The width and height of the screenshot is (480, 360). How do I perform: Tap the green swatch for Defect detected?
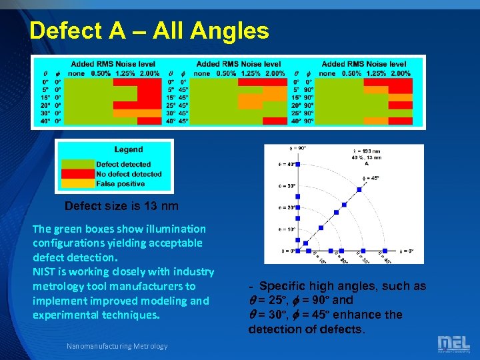(77, 164)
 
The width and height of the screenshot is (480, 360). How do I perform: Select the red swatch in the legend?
(77, 173)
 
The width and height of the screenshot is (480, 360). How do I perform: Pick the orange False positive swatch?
(77, 183)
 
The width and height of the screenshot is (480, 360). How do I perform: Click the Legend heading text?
(128, 149)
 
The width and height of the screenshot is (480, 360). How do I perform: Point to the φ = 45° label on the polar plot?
(371, 178)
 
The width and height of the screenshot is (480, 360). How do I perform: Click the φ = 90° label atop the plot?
(298, 147)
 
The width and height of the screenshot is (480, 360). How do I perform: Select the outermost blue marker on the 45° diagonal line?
(359, 189)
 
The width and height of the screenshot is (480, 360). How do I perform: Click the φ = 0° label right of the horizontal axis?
(407, 251)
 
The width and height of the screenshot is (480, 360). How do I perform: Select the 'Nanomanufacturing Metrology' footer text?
(117, 345)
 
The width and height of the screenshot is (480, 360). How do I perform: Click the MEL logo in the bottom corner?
(453, 343)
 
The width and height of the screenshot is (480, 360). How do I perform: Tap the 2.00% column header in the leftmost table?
(150, 73)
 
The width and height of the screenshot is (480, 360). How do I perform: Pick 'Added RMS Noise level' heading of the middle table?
(238, 64)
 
